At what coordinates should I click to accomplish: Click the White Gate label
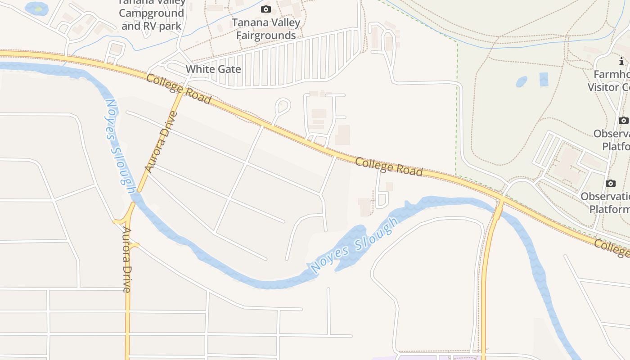(213, 69)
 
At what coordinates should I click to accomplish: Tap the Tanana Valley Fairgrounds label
(266, 29)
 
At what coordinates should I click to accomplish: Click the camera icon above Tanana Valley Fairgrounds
(266, 9)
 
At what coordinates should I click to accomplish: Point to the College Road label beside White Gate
(179, 89)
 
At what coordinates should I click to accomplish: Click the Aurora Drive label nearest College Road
(162, 142)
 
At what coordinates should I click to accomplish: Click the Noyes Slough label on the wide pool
(355, 246)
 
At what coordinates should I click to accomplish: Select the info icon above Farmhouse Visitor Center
(621, 61)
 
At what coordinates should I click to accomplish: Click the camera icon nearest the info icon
(623, 120)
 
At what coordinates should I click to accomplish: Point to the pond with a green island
(36, 8)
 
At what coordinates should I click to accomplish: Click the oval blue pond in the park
(521, 81)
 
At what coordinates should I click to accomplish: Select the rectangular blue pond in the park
(544, 79)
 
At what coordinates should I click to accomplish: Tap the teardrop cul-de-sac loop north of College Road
(283, 106)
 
